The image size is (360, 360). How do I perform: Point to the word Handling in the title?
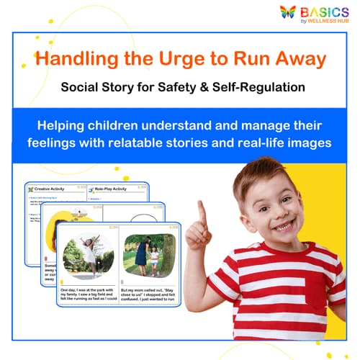coord(80,60)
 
